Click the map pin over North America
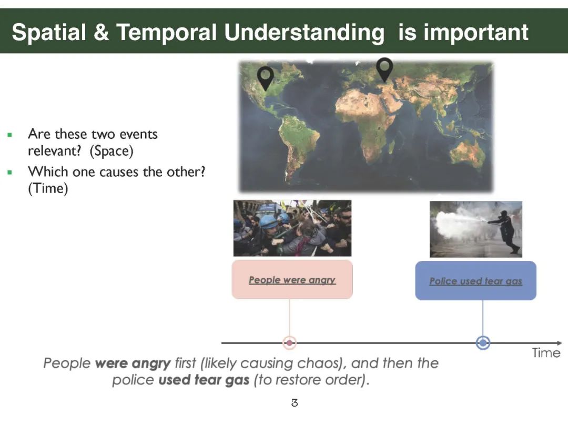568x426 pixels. click(265, 77)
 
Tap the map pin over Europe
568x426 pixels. click(384, 68)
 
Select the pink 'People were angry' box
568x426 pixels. click(292, 279)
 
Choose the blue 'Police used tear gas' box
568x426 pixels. click(475, 280)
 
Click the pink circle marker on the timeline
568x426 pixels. click(289, 343)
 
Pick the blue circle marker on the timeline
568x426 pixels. click(483, 343)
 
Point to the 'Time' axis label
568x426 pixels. click(546, 353)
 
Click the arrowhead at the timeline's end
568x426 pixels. click(559, 343)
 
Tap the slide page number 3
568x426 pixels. click(295, 402)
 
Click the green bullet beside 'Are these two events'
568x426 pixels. click(10, 135)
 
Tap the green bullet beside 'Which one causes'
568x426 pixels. click(10, 173)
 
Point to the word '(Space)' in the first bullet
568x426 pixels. click(111, 151)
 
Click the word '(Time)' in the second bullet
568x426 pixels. click(48, 188)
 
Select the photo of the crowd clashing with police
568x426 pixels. click(292, 228)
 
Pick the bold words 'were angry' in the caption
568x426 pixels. click(133, 363)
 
